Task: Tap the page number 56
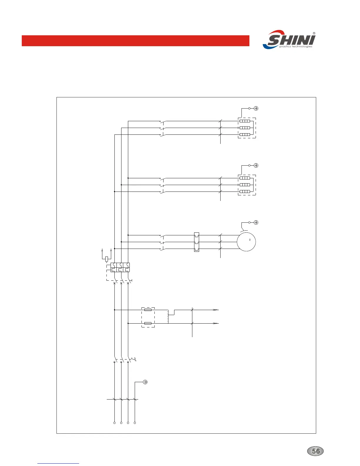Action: (x=316, y=451)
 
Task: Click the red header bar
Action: (x=135, y=41)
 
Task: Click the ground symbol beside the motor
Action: (x=256, y=222)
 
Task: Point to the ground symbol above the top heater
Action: (x=256, y=109)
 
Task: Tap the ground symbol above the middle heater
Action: (x=256, y=165)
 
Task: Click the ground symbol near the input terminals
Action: (x=145, y=382)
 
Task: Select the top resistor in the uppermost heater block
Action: (x=245, y=121)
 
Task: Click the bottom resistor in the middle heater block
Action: (x=245, y=192)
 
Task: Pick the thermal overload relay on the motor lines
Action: (x=196, y=242)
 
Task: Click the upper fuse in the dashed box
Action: (x=148, y=310)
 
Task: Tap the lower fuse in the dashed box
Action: (x=148, y=323)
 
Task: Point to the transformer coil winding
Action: (x=168, y=317)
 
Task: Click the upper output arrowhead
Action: (x=216, y=310)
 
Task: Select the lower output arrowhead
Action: (x=216, y=323)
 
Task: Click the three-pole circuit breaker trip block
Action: (x=120, y=267)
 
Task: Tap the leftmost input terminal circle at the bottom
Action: (x=114, y=423)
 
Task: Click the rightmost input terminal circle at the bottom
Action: (x=135, y=423)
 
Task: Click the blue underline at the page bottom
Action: (x=58, y=463)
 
